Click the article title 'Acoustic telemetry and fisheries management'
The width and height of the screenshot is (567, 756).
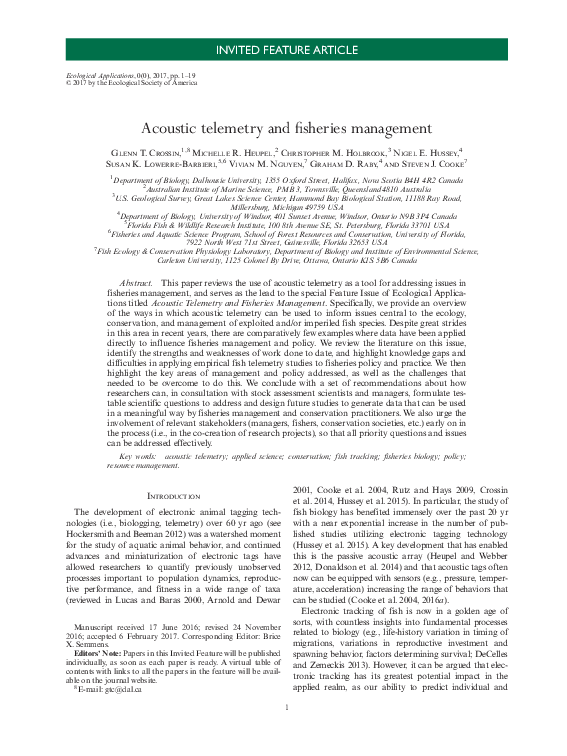[284, 129]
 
